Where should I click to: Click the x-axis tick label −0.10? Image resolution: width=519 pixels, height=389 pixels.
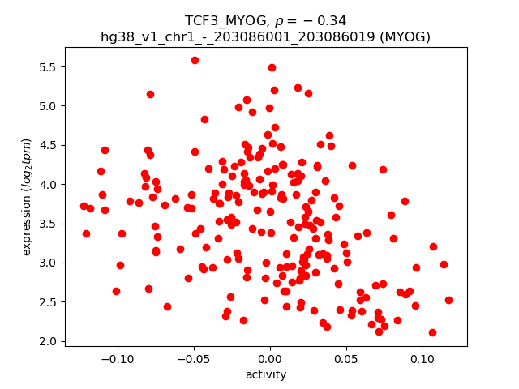[118, 359]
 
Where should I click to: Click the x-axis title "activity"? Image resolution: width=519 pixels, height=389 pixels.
[266, 374]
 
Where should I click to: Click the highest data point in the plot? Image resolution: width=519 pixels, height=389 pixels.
[195, 60]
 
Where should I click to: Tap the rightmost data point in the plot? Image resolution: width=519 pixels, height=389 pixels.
[448, 300]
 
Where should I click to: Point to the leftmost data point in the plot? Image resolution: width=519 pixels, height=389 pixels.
[84, 206]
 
